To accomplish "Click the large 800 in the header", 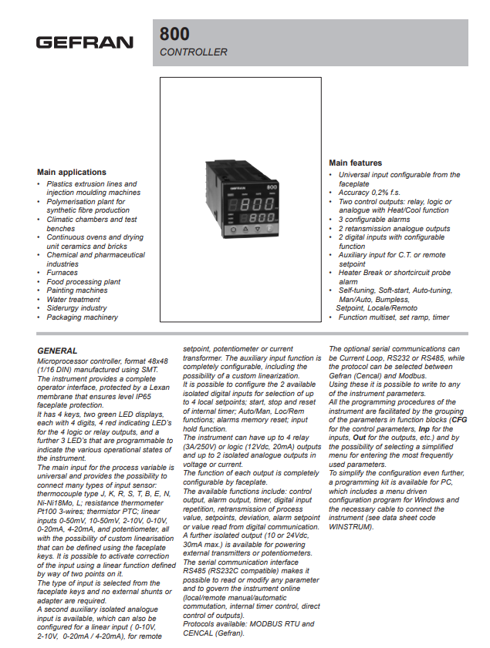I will [174, 34].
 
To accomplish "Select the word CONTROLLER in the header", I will [193, 52].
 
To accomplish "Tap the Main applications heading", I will [72, 172].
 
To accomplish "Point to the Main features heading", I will [355, 163].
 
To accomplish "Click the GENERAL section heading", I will [57, 350].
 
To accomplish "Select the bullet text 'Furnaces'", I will [62, 272].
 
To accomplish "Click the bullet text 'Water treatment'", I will [73, 299].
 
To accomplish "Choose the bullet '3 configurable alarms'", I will [374, 220].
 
